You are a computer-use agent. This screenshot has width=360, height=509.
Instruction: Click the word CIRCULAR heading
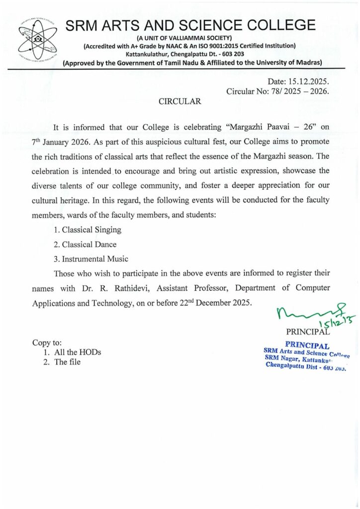(x=180, y=101)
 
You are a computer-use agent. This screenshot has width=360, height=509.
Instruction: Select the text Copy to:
(x=47, y=342)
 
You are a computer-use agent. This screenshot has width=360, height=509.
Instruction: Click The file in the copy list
(x=67, y=362)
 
